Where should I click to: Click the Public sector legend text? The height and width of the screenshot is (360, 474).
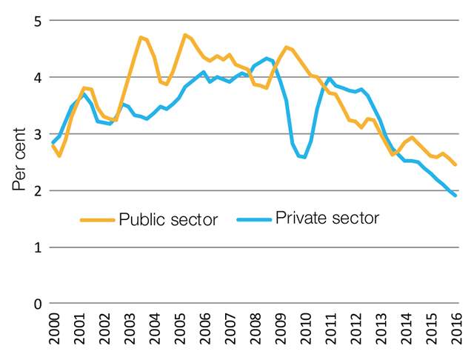coord(168,220)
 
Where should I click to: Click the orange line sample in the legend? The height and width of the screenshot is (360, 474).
coord(98,220)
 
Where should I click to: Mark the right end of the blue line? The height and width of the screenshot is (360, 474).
coord(455,196)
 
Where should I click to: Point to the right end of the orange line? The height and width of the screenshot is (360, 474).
coord(455,164)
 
